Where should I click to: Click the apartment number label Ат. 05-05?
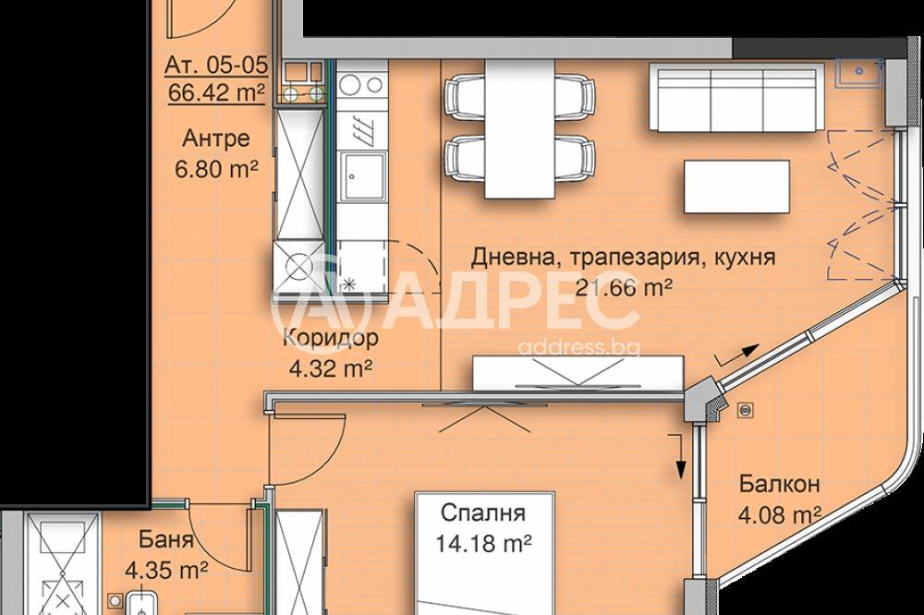point(216,66)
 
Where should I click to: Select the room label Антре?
point(215,139)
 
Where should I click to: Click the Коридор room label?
point(330,337)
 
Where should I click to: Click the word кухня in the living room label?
point(742,257)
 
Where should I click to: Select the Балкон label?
point(780,484)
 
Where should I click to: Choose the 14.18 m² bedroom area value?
point(484,543)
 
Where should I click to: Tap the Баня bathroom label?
point(166,539)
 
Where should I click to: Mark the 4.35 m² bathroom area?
point(166,569)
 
